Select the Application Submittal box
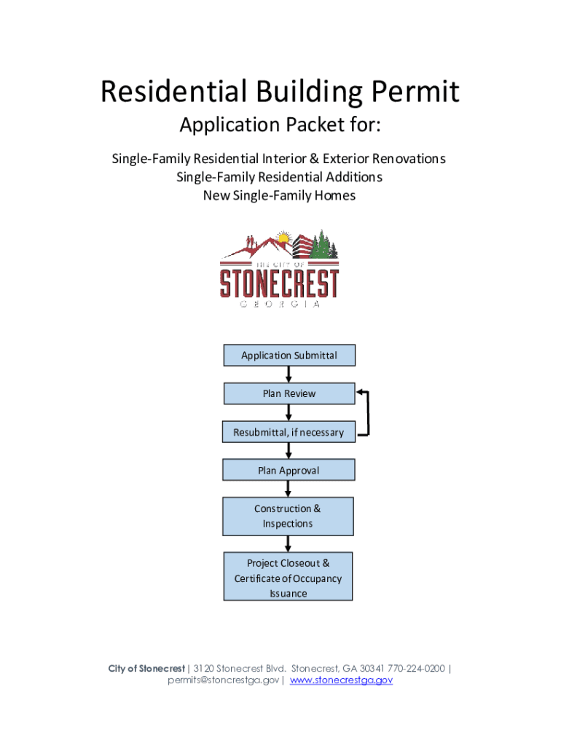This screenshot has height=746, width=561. point(289,356)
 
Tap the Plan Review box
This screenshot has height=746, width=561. point(289,393)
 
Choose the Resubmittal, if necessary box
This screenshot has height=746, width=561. point(289,432)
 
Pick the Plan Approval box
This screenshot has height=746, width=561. point(289,470)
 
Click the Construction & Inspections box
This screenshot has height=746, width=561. point(288,517)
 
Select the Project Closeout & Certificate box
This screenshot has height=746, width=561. point(288,576)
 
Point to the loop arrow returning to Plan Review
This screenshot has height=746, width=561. point(368,413)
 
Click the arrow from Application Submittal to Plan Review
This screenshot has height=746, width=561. point(289,374)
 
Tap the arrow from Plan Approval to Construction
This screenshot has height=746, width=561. point(289,489)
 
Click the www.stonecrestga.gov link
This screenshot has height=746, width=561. point(342,680)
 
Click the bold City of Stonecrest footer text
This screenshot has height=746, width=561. point(146,668)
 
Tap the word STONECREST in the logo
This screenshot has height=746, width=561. point(280,283)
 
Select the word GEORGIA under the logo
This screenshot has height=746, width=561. point(280,305)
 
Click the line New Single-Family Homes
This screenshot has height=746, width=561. point(279,195)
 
